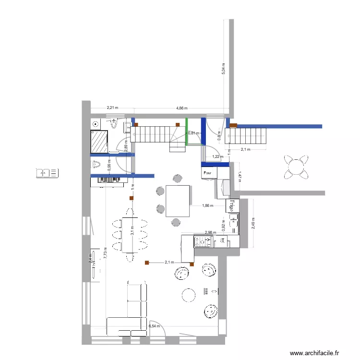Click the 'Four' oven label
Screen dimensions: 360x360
click(x=208, y=172)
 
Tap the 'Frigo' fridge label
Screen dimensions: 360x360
click(x=231, y=205)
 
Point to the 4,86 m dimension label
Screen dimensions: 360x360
click(x=182, y=108)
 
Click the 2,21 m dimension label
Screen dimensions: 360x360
click(x=112, y=108)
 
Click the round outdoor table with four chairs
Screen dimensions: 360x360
click(x=295, y=166)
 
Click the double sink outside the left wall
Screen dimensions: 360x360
click(x=47, y=172)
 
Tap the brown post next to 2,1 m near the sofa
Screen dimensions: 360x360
click(x=147, y=263)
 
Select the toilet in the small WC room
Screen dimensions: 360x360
click(x=97, y=165)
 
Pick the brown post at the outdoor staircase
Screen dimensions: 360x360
click(x=233, y=126)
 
